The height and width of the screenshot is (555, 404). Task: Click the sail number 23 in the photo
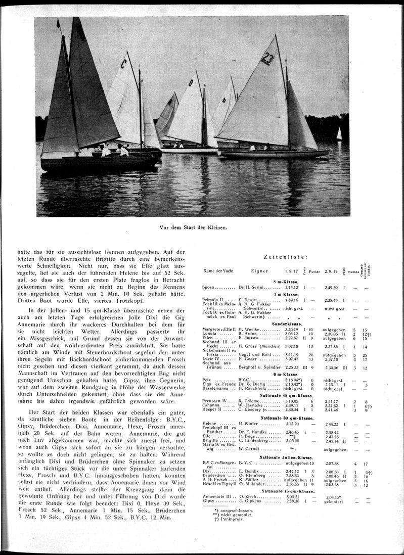267,60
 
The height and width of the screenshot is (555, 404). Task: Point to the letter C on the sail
123,64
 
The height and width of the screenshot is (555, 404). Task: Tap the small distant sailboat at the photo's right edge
339,134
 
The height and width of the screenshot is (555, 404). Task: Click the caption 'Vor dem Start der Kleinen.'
192,227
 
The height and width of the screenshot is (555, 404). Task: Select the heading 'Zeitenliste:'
286,257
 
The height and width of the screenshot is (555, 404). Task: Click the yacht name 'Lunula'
211,334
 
